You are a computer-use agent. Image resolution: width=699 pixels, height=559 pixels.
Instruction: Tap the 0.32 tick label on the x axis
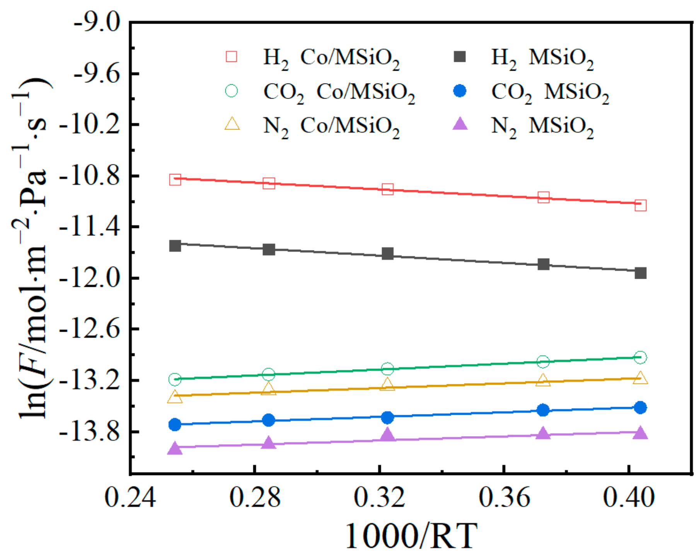click(380, 498)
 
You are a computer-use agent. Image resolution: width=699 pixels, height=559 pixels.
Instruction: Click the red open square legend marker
click(231, 57)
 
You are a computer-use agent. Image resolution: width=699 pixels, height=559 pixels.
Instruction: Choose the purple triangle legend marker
click(460, 124)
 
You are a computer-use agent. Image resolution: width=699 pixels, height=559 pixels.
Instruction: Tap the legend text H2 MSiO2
click(542, 58)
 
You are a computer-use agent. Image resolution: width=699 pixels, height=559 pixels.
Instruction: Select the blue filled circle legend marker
click(460, 91)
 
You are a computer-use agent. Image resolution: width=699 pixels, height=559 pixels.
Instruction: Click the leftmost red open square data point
click(175, 179)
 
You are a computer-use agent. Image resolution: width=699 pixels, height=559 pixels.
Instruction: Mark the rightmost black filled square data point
click(641, 273)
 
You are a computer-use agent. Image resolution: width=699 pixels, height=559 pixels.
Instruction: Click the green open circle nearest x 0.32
click(387, 369)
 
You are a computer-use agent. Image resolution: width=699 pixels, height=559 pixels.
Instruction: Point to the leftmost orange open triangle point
click(175, 397)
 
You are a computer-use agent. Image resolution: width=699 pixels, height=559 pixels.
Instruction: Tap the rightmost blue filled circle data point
click(641, 407)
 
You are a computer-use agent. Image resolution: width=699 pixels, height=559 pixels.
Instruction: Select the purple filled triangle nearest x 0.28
click(269, 443)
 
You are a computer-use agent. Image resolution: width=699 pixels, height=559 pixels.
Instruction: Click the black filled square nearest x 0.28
click(269, 249)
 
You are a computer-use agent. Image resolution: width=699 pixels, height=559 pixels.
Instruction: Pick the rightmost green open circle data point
click(640, 357)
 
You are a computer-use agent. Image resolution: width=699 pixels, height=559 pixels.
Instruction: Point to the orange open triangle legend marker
click(232, 124)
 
